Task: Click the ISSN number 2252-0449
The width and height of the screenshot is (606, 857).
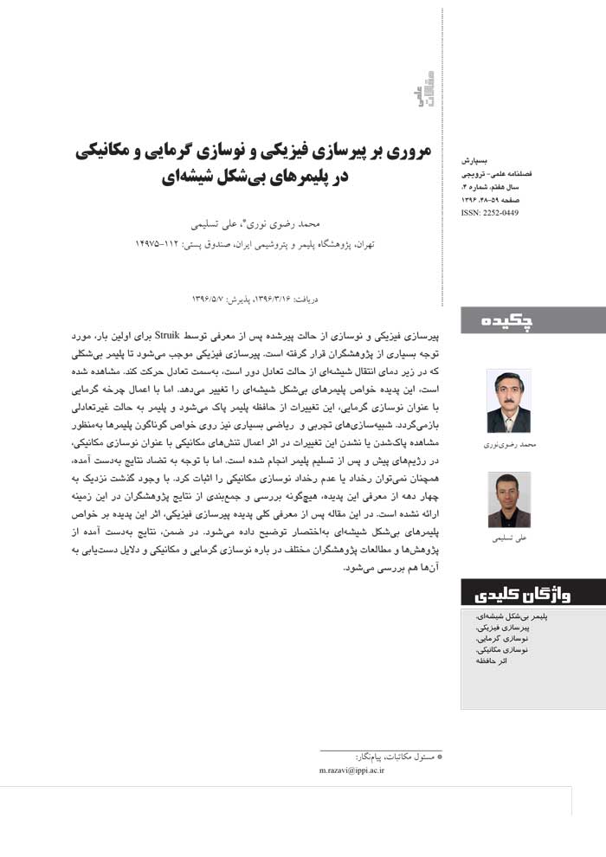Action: tap(490, 212)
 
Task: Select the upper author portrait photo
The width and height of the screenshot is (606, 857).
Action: tap(508, 402)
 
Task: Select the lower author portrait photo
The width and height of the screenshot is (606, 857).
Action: tap(508, 500)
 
